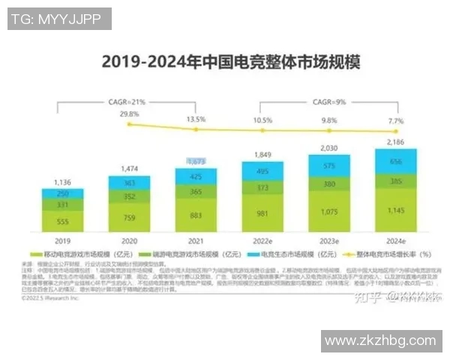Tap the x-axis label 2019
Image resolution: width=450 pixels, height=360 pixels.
62,241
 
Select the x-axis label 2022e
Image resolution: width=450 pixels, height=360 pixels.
262,241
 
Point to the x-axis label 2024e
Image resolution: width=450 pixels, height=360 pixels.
395,241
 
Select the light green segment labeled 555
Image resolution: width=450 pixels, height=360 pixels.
62,221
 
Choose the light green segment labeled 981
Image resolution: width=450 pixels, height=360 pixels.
262,213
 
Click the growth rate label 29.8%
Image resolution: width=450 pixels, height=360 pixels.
129,114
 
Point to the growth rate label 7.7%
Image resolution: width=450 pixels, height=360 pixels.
395,120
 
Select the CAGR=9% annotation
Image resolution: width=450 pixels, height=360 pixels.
328,100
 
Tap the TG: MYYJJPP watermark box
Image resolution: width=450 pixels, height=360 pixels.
59,19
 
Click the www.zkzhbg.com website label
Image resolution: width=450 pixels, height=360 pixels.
379,341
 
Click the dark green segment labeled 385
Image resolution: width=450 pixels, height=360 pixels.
395,181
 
